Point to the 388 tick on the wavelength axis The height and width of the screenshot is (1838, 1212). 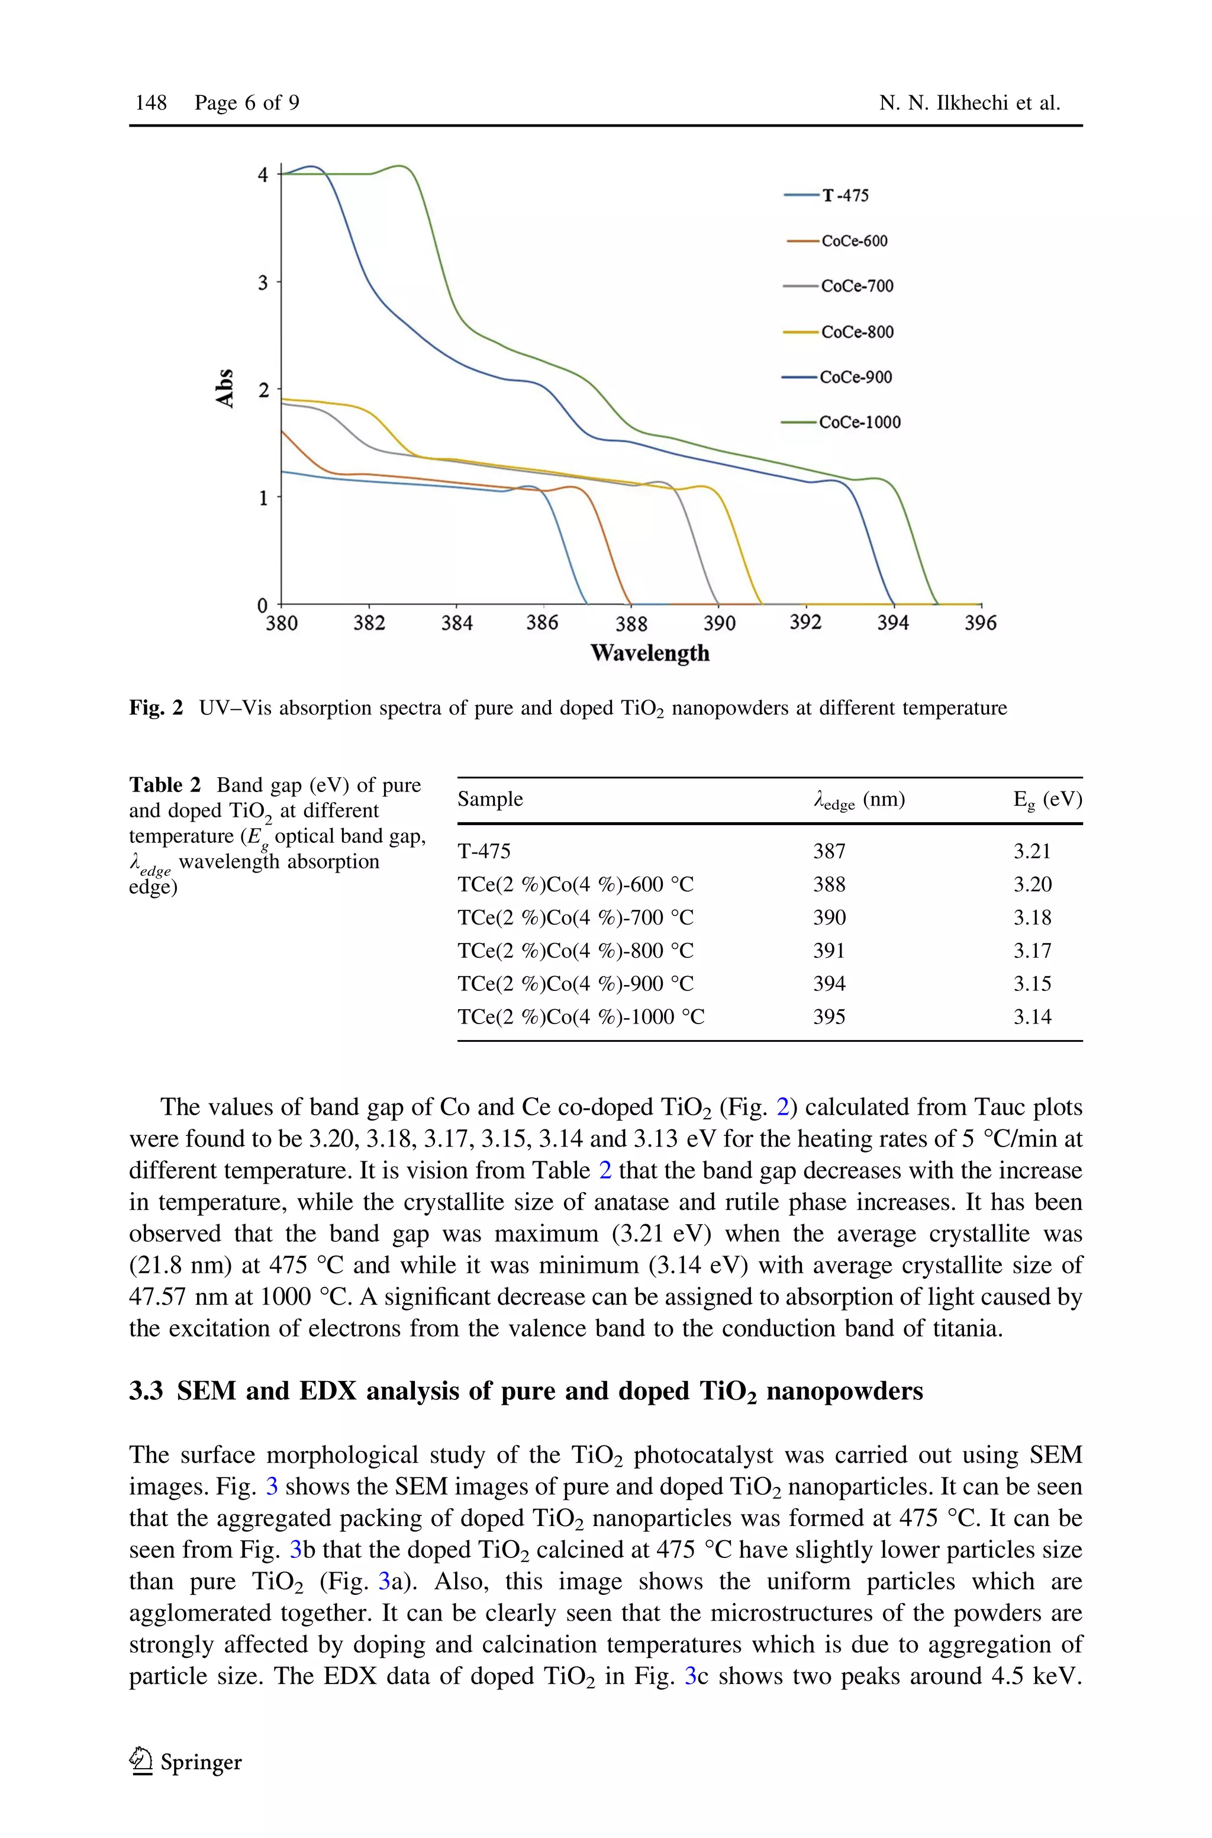[x=631, y=623]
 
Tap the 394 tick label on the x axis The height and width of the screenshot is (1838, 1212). [x=893, y=623]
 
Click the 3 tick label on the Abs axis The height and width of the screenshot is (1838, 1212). [x=263, y=282]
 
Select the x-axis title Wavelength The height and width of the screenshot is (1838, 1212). [x=650, y=653]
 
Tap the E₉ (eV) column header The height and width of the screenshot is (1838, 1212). [x=1047, y=799]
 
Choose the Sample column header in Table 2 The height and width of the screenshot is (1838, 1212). [x=490, y=799]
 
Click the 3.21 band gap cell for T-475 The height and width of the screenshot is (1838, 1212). [x=1032, y=851]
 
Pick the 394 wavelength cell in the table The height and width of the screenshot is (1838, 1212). [x=829, y=983]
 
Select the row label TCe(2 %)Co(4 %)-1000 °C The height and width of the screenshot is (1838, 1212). [x=581, y=1016]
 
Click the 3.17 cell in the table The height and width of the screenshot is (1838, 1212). [x=1032, y=950]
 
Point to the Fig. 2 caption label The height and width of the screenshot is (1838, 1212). [x=156, y=708]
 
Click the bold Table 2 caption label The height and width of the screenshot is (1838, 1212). [x=165, y=786]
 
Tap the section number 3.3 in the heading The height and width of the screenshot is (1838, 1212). [x=146, y=1391]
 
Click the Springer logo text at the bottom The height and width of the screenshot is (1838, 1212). [x=200, y=1762]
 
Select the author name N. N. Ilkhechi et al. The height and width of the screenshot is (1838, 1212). [x=969, y=103]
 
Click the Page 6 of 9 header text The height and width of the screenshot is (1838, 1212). [x=247, y=103]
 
